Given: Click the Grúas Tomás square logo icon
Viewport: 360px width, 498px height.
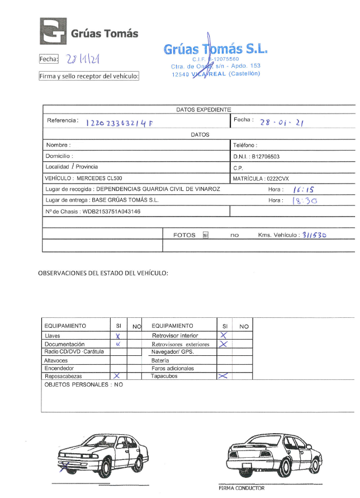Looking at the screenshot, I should click(x=53, y=32).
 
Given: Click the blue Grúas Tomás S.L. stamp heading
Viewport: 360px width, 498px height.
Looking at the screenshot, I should click(x=215, y=49).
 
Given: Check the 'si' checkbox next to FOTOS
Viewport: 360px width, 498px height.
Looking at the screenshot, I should click(x=206, y=236).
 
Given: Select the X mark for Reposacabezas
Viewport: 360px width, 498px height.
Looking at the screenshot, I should click(x=117, y=377).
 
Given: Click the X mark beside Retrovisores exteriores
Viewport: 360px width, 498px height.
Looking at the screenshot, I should click(x=224, y=344).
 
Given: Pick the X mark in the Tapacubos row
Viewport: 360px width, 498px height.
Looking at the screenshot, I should click(x=223, y=377).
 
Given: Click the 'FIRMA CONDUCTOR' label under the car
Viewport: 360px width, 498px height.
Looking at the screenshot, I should click(x=241, y=488).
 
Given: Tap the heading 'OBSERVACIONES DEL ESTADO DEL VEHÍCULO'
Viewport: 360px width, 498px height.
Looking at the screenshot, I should click(x=103, y=274).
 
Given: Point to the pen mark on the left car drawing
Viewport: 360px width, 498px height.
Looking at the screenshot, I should click(x=66, y=464).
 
